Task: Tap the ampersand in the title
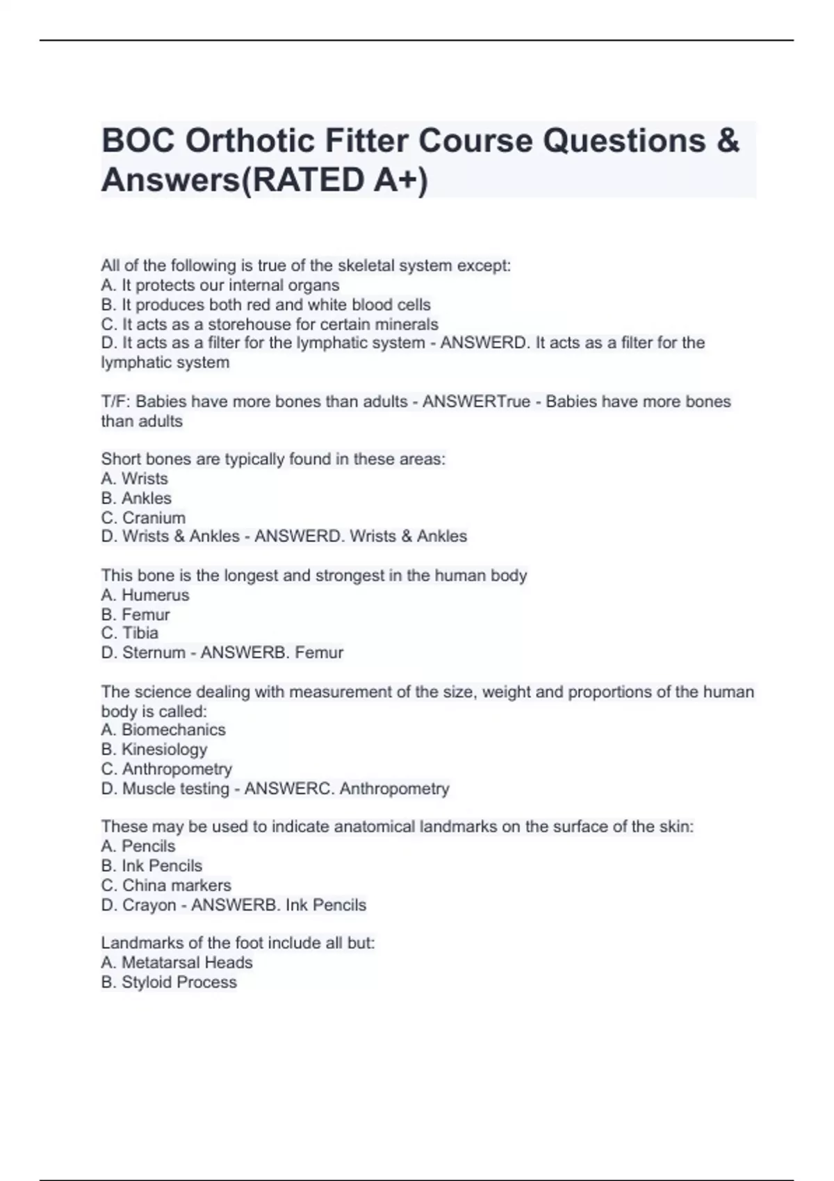727,142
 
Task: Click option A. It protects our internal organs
220,286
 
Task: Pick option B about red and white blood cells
265,305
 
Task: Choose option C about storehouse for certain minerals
270,324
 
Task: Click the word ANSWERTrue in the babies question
476,402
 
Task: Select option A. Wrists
135,479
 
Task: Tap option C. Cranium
143,518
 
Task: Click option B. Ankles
136,498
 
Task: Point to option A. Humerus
145,595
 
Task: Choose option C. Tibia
130,633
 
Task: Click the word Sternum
154,653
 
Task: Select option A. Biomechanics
163,730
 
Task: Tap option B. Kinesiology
154,750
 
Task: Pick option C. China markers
166,886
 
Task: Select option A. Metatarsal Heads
177,963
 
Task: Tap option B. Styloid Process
169,982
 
